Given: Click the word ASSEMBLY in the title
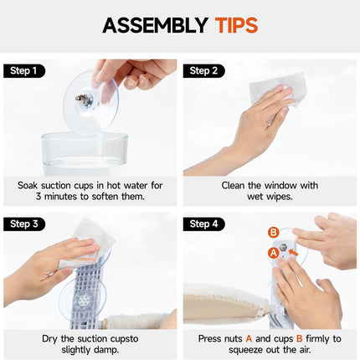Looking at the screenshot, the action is pos(155,25).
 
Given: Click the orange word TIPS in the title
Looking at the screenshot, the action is pos(236,25).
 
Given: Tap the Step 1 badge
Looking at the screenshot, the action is pos(24,71).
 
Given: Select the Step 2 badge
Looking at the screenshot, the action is pos(204,71).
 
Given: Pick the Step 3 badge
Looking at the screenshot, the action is pos(24,224).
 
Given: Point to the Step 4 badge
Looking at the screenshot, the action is pos(204,224).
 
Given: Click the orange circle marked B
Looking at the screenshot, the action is pos(274,233).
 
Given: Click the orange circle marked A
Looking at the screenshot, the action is pos(274,253).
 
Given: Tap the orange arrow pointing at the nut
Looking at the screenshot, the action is pos(294,253).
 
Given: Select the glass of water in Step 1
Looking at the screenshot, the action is pos(85,154).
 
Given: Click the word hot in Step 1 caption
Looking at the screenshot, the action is pos(114,185).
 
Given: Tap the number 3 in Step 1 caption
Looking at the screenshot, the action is pos(39,196).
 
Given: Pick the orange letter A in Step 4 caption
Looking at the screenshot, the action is pos(249,338).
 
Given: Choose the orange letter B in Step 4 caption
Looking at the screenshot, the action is pos(300,338).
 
